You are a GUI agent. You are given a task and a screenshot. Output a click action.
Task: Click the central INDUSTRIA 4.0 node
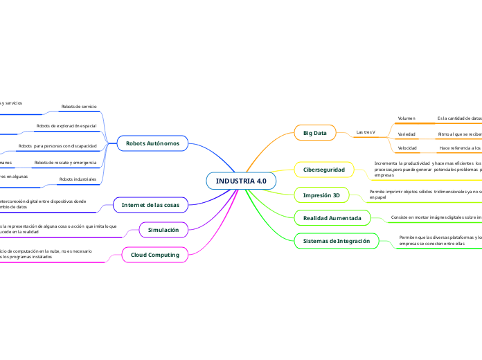click(241, 181)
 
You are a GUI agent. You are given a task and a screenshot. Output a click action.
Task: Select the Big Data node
click(315, 132)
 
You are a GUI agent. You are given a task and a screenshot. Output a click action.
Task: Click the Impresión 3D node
click(321, 196)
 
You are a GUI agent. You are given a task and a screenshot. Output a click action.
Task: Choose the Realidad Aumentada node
click(332, 218)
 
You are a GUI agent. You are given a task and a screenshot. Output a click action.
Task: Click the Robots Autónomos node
click(152, 143)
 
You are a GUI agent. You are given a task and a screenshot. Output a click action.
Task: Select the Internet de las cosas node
click(150, 205)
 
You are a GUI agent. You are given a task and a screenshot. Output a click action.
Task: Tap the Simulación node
click(163, 229)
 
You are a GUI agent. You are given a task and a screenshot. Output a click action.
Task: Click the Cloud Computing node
click(155, 255)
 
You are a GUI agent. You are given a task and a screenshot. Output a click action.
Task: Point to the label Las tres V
click(365, 132)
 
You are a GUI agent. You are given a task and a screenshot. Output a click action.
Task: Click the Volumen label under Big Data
click(407, 118)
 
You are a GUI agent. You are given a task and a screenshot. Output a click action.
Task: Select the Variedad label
click(407, 134)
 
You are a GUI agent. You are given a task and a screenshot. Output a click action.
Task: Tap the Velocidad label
click(407, 148)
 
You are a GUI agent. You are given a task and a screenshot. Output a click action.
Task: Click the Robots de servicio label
click(79, 107)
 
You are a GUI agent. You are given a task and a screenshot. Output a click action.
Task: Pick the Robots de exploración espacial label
click(66, 126)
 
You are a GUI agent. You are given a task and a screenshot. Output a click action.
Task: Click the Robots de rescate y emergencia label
click(65, 163)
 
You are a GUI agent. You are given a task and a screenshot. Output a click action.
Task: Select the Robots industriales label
click(78, 179)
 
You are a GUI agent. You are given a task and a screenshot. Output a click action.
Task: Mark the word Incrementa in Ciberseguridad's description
click(386, 163)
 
